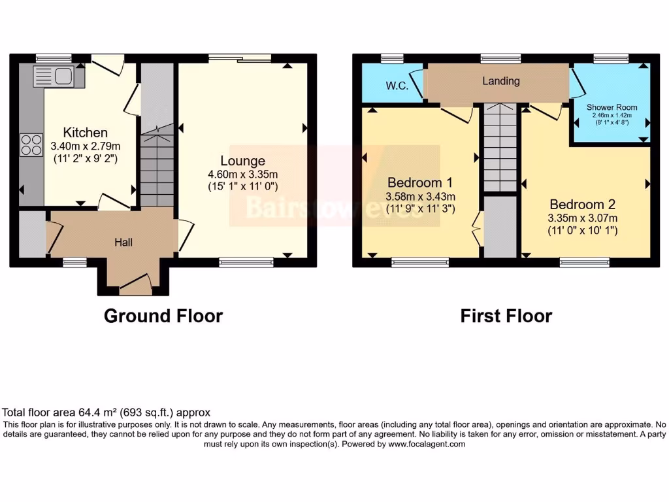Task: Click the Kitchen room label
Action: tap(86, 133)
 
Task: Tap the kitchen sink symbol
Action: tap(63, 76)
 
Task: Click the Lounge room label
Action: tap(242, 161)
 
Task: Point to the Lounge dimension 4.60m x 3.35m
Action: tap(242, 175)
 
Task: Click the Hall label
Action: tap(123, 243)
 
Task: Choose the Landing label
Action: tap(501, 81)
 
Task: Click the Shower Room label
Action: tap(612, 107)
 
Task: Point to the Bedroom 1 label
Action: tap(421, 182)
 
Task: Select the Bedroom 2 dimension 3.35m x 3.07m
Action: tap(583, 218)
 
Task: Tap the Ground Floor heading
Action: tap(163, 316)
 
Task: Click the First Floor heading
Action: tap(506, 316)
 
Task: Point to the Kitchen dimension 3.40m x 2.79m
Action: tap(86, 146)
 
